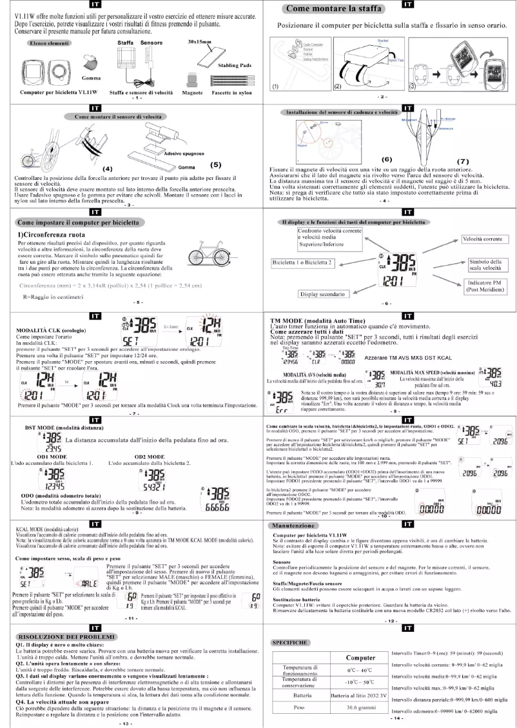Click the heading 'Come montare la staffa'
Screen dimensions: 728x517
point(332,8)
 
